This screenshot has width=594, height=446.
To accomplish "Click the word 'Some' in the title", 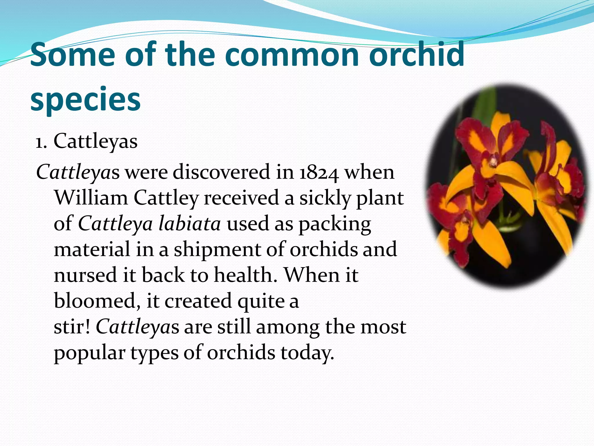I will (73, 55).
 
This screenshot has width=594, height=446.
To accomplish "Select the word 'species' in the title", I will (85, 100).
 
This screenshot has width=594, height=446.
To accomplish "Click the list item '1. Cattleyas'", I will (86, 141).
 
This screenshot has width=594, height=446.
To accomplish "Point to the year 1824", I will (319, 172).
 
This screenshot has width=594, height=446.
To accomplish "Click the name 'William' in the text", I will (91, 198).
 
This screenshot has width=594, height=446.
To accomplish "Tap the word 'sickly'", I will (325, 198).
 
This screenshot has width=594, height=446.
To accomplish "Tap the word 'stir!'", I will (72, 327).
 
